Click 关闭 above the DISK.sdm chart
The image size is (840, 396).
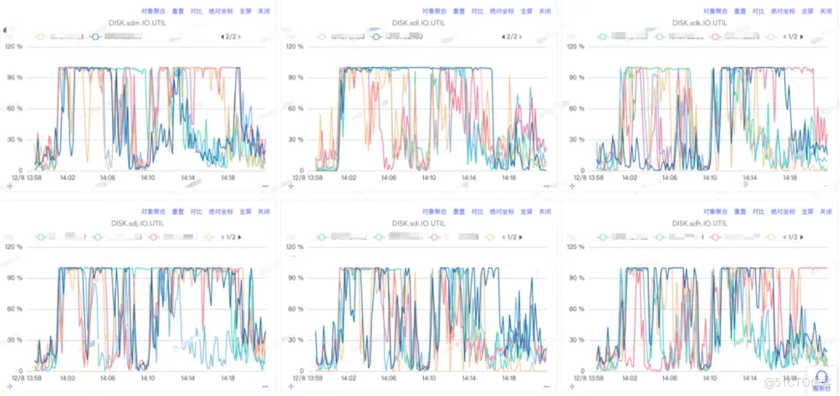tap(264, 12)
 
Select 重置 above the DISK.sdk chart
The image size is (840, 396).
tap(740, 12)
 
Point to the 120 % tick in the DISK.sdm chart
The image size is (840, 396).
tap(14, 47)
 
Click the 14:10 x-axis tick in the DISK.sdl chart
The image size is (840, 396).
tap(428, 178)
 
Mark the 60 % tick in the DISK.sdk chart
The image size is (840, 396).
tap(576, 109)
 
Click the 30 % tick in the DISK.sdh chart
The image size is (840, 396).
tap(576, 340)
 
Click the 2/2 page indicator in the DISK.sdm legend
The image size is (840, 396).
tap(230, 37)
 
